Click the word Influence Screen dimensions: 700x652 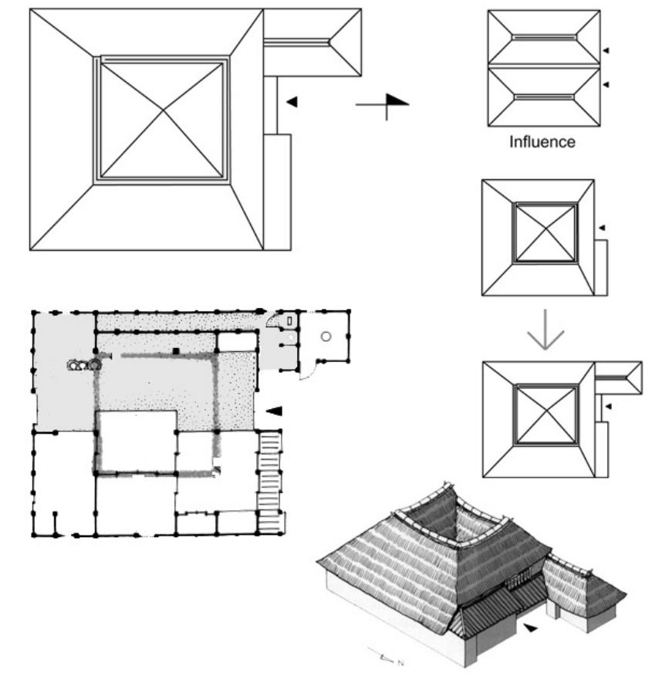tap(543, 142)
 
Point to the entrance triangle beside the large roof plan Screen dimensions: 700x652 tap(291, 100)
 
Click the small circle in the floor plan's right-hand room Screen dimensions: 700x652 tap(326, 336)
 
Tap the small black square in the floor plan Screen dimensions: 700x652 tap(177, 352)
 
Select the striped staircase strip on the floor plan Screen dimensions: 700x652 tap(269, 471)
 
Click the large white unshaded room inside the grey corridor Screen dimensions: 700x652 tap(135, 441)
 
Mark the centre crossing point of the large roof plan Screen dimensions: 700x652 tap(161, 117)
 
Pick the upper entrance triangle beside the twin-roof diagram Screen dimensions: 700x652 tap(606, 49)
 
